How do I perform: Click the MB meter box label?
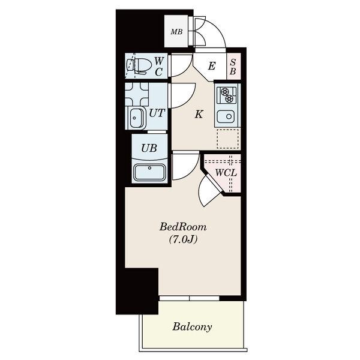(x=176, y=32)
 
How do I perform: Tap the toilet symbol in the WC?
(x=139, y=65)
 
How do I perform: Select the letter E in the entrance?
(x=212, y=66)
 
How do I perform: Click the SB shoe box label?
(x=233, y=67)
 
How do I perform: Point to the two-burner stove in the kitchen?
(x=227, y=95)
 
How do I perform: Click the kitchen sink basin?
(x=226, y=116)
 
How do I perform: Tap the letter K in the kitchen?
(x=199, y=114)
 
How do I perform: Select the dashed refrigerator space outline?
(x=227, y=139)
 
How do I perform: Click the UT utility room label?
(x=157, y=113)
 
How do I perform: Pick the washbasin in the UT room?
(x=136, y=118)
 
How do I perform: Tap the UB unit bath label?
(x=149, y=148)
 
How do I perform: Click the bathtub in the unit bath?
(x=150, y=172)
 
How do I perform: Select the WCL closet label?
(x=226, y=173)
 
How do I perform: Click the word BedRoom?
(x=183, y=227)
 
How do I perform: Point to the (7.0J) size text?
(x=183, y=239)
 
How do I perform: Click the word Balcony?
(x=192, y=327)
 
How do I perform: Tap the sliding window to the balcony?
(x=190, y=298)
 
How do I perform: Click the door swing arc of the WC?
(x=187, y=68)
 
